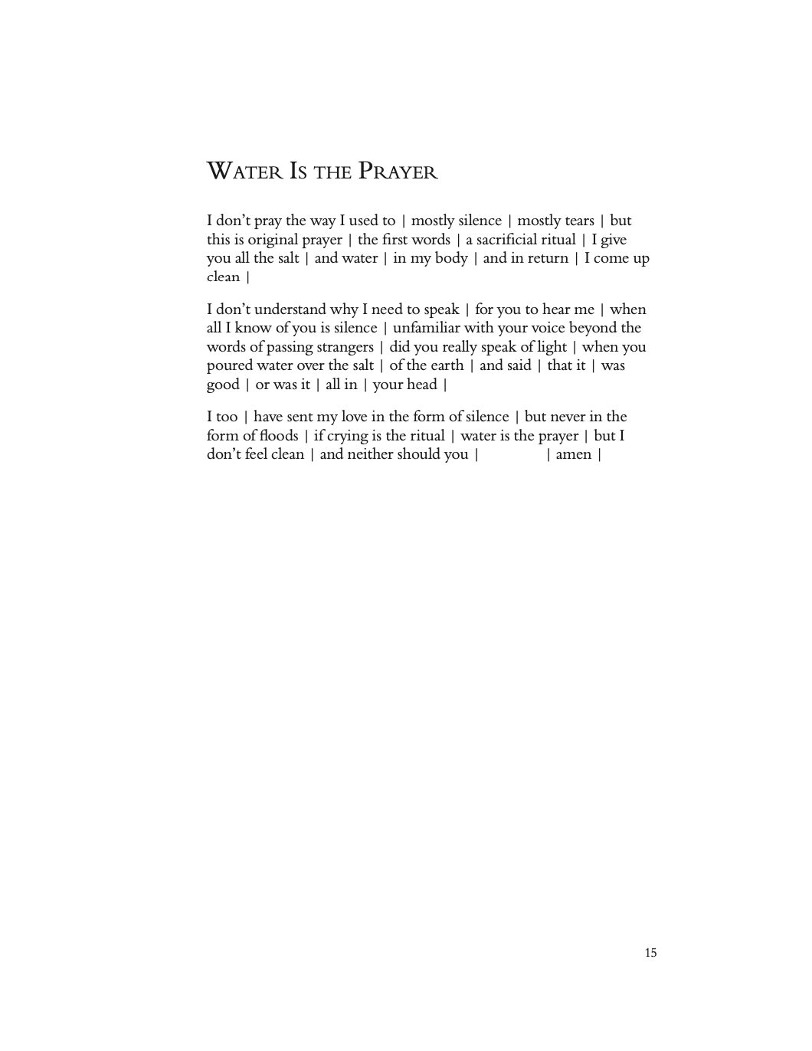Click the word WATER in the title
click(244, 171)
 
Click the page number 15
click(650, 953)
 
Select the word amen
click(574, 454)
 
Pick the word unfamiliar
click(426, 328)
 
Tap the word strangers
click(345, 347)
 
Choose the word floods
click(279, 436)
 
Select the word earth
click(445, 365)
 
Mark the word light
click(552, 347)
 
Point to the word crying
click(347, 436)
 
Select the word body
click(451, 258)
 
